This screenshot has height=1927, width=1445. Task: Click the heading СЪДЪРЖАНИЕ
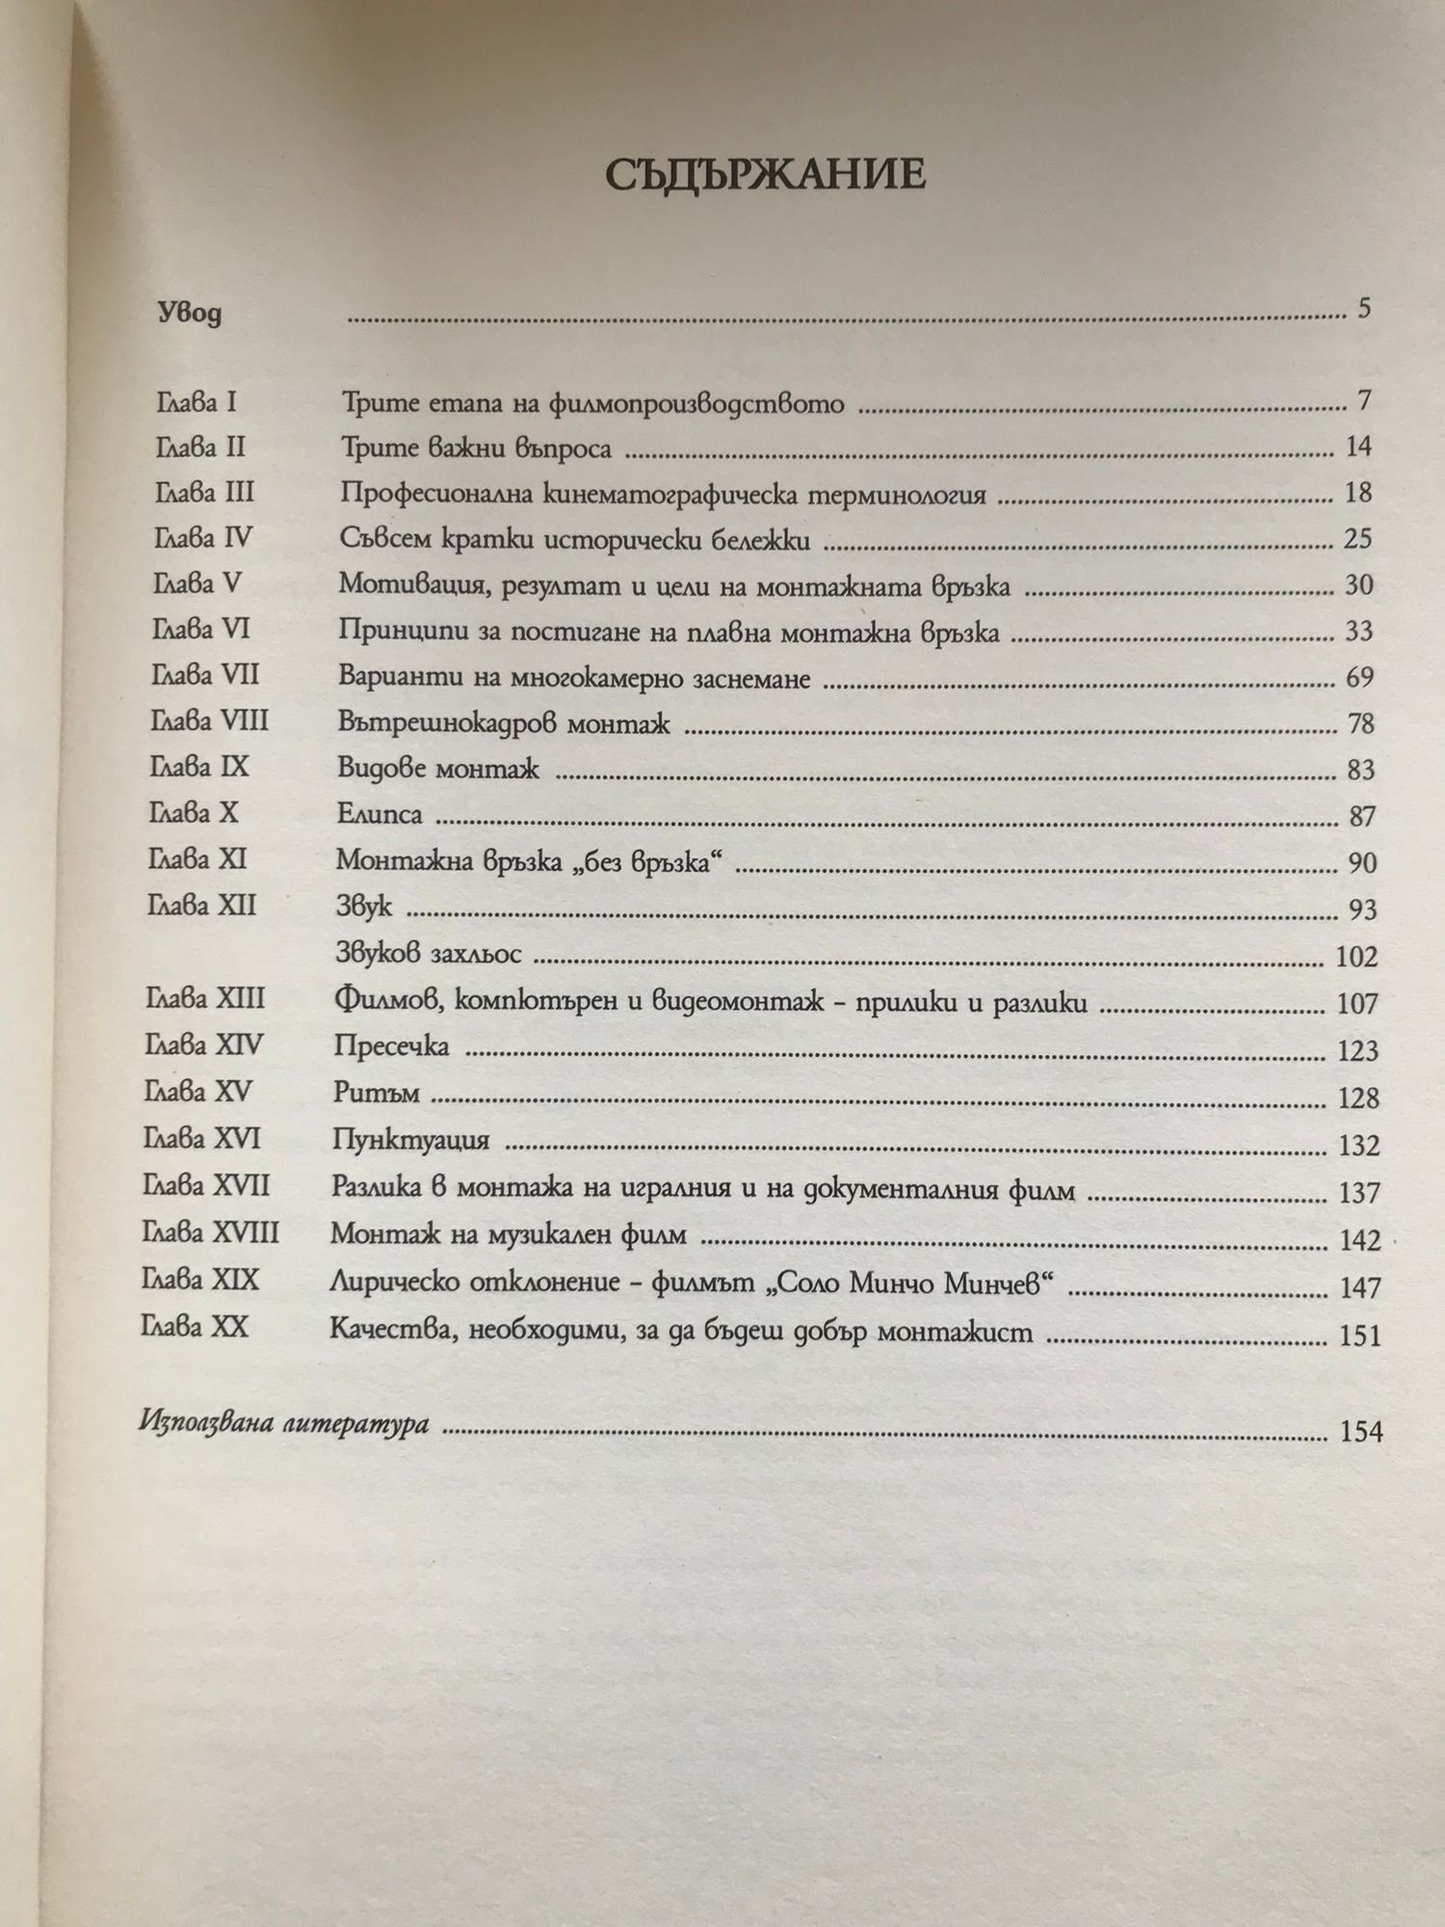[766, 177]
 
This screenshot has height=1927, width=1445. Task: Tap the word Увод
[189, 314]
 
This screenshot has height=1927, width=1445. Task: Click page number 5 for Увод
[1363, 310]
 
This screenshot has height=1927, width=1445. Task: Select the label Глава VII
[205, 675]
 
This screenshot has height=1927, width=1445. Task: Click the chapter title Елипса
[381, 815]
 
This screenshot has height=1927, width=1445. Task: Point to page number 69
[1359, 677]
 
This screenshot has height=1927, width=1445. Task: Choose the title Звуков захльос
[429, 955]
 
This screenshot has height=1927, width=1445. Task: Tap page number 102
[1357, 957]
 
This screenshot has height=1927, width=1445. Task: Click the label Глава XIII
[204, 998]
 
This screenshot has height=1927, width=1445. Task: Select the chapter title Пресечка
[391, 1046]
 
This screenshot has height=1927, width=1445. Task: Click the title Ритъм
[370, 1094]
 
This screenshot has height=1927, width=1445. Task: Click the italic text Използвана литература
[283, 1424]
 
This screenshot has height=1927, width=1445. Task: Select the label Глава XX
[195, 1328]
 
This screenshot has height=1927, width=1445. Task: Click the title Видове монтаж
[438, 769]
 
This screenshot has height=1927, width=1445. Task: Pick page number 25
[1357, 539]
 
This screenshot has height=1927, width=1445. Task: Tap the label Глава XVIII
[210, 1233]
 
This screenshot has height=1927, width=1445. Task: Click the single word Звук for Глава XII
[364, 907]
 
